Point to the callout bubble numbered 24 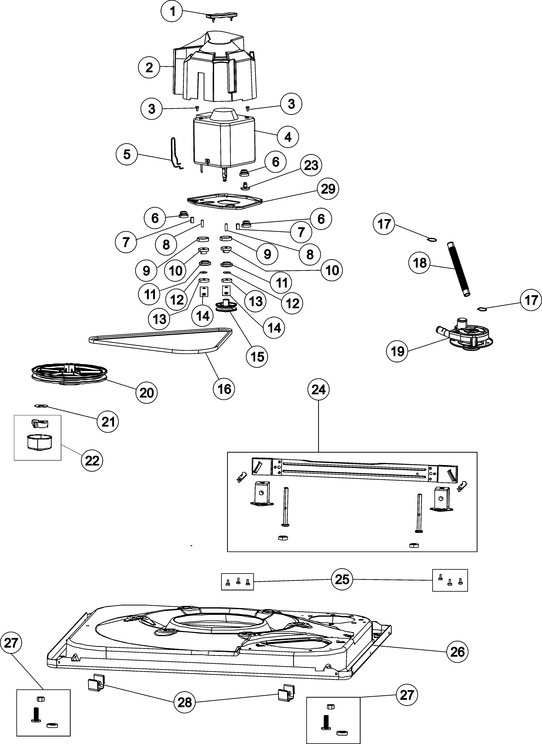[x=318, y=390]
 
